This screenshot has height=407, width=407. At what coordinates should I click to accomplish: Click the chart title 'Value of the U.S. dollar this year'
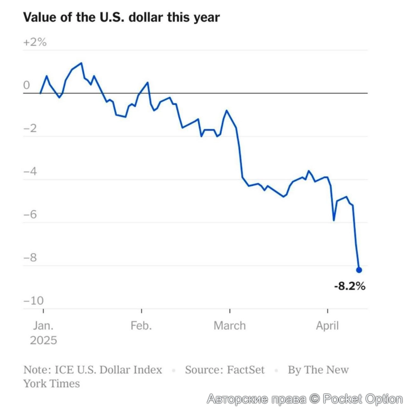(121, 17)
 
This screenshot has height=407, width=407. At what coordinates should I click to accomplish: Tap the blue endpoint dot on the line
(359, 270)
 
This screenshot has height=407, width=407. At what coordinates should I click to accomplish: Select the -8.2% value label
(350, 286)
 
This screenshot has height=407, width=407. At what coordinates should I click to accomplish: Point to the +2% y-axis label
(35, 42)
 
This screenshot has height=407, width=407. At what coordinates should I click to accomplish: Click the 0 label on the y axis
(27, 85)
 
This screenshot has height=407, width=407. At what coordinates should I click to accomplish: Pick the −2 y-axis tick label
(31, 128)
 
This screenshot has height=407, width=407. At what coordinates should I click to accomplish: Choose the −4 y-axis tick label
(31, 171)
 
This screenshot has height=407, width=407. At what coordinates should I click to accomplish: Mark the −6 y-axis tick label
(31, 214)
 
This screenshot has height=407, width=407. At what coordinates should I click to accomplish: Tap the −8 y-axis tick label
(31, 257)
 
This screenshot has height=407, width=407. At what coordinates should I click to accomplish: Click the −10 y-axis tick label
(34, 300)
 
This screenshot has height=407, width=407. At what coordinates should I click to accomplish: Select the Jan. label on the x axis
(43, 326)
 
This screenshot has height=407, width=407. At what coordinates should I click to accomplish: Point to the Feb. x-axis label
(141, 326)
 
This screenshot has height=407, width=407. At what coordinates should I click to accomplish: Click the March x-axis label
(230, 326)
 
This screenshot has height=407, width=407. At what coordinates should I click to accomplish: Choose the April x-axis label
(327, 326)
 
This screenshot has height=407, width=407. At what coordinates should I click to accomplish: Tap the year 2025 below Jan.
(43, 340)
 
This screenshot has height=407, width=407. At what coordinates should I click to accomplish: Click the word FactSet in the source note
(245, 370)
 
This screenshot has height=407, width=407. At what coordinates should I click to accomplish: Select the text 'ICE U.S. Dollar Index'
(108, 370)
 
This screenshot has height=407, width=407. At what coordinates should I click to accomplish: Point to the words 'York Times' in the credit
(52, 383)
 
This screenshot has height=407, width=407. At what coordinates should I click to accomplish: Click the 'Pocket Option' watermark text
(363, 399)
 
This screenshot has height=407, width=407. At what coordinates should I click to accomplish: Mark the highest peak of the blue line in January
(81, 63)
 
